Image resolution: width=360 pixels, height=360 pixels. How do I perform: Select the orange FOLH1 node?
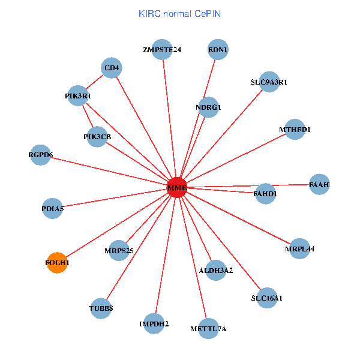pos(57,262)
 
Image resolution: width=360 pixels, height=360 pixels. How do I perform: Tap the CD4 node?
pos(112,68)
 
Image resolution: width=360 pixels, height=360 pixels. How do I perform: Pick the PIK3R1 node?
pos(78,95)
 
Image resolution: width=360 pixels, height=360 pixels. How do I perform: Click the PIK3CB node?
pos(97,136)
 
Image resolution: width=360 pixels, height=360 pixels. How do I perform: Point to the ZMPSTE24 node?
pos(162,50)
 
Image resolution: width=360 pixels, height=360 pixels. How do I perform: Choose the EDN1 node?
pos(218,50)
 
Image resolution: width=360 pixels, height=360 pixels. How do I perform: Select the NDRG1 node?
pos(208,107)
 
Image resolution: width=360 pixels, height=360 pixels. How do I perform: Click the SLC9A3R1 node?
pos(269,82)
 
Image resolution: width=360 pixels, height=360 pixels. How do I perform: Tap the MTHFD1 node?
pos(295,129)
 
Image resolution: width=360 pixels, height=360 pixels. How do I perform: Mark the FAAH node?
pos(319,184)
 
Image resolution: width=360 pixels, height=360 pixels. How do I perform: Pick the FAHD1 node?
pos(265,194)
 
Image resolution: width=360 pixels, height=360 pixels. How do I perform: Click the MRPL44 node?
pos(299,248)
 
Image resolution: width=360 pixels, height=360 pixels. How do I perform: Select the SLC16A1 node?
pos(266,298)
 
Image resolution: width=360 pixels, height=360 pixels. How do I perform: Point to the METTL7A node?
pos(208,328)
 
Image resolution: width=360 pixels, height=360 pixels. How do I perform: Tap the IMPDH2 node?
pos(154,323)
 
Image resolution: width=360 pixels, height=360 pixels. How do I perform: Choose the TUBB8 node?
pos(101,308)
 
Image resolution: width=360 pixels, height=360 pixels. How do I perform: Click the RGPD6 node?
pos(40,155)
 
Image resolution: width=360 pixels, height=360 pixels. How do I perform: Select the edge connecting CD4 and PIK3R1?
pos(95,82)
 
